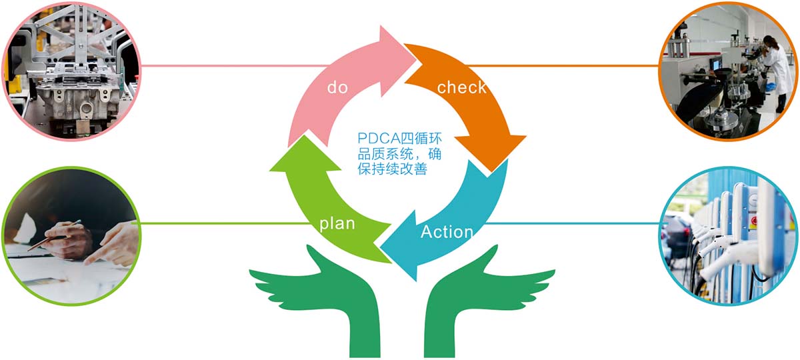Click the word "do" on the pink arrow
[337, 87]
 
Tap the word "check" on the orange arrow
[462, 87]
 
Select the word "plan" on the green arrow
[337, 224]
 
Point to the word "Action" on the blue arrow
[447, 231]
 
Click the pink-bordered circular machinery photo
[71, 71]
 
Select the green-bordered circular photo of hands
[71, 236]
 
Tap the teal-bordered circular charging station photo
[728, 236]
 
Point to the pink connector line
[234, 66]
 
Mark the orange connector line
[563, 66]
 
